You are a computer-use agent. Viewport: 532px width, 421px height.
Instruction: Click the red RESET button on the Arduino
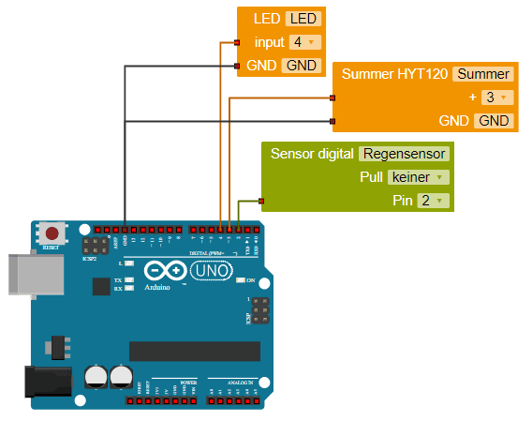(53, 233)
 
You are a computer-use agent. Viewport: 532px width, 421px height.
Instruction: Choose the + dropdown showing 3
(495, 98)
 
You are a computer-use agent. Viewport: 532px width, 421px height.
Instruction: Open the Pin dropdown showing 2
(432, 201)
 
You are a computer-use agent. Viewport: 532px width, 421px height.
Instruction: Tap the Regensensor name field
(404, 154)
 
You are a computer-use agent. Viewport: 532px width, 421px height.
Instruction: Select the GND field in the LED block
(302, 66)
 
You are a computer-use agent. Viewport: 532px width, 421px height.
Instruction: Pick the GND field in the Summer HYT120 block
(494, 121)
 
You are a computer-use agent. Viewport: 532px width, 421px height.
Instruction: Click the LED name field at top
(302, 19)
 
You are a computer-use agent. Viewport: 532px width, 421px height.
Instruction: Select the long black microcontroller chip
(193, 351)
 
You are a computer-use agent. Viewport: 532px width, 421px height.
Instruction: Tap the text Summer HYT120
(393, 74)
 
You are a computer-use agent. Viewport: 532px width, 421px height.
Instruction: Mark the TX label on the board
(117, 280)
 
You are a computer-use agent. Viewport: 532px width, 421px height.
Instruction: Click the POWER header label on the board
(188, 383)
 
